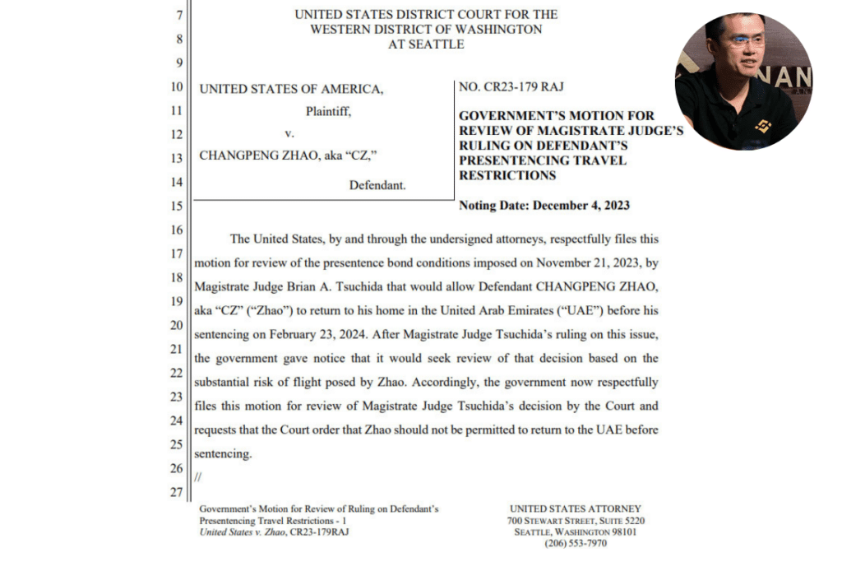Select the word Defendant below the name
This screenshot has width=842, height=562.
click(x=377, y=186)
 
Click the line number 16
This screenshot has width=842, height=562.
click(x=175, y=230)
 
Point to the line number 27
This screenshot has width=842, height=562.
click(x=175, y=493)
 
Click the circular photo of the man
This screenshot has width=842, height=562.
click(x=743, y=81)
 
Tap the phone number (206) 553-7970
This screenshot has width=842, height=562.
click(x=576, y=543)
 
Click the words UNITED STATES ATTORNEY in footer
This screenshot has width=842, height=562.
click(x=576, y=509)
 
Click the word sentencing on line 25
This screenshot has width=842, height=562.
click(x=223, y=454)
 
